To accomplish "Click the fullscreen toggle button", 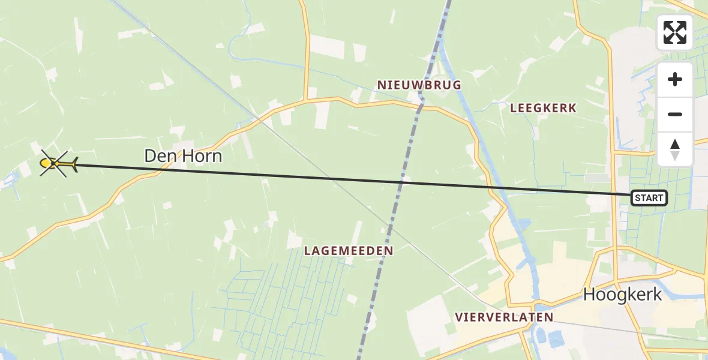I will click(675, 32).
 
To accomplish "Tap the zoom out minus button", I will click(675, 114).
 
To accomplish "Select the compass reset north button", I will click(675, 149).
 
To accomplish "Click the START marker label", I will click(649, 198).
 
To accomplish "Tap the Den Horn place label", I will click(183, 157).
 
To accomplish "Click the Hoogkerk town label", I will click(623, 295).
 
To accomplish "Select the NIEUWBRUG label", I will click(419, 85).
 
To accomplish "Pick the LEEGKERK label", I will click(543, 108).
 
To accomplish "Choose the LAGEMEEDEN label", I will click(349, 251).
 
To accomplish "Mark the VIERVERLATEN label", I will click(503, 317).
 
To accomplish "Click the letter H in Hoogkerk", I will click(590, 295).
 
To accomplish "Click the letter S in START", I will click(637, 198).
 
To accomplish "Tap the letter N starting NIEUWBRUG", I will click(381, 85).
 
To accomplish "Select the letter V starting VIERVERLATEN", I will click(458, 317).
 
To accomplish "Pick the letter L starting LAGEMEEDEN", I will click(307, 251).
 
